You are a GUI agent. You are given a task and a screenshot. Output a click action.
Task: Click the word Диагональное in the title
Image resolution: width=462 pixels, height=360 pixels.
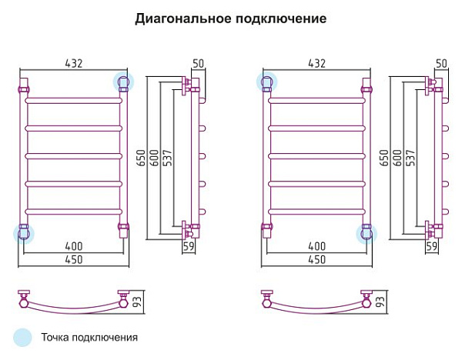pyautogui.click(x=183, y=19)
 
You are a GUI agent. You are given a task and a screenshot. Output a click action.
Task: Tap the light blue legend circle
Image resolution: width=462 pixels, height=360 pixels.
pyautogui.click(x=22, y=337)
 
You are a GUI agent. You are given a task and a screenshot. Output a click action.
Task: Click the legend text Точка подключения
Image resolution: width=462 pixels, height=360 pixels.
pyautogui.click(x=89, y=338)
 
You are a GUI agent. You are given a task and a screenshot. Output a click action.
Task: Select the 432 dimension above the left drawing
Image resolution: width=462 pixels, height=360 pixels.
pyautogui.click(x=73, y=63)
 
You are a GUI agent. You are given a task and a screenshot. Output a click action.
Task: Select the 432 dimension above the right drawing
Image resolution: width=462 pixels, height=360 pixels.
pyautogui.click(x=316, y=63)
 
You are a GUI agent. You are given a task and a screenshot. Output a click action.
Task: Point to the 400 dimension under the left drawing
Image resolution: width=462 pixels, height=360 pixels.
pyautogui.click(x=74, y=246)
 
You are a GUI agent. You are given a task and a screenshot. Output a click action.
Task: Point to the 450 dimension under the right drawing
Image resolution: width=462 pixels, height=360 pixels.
pyautogui.click(x=316, y=260)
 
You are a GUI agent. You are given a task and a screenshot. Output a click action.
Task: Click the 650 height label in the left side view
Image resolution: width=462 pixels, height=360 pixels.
pyautogui.click(x=141, y=158)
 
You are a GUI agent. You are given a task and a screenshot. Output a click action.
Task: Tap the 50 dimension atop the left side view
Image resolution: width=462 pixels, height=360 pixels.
pyautogui.click(x=198, y=63)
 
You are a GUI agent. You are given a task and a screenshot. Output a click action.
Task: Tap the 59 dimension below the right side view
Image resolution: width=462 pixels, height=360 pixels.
pyautogui.click(x=432, y=246)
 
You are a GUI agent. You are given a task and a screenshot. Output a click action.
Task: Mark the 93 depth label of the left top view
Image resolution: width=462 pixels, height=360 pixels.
pyautogui.click(x=138, y=302)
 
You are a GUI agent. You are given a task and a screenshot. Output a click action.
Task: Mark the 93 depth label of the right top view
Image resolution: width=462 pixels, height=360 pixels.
pyautogui.click(x=380, y=302)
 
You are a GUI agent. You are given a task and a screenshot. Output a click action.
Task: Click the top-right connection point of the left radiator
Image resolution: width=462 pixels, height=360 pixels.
pyautogui.click(x=123, y=82)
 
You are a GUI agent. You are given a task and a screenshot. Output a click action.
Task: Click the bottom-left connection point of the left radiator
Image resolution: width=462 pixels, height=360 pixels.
pyautogui.click(x=24, y=233)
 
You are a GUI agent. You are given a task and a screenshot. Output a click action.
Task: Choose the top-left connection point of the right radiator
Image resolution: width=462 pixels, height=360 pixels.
pyautogui.click(x=266, y=82)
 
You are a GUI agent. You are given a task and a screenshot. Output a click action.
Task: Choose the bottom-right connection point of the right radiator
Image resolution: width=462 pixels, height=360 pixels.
pyautogui.click(x=367, y=233)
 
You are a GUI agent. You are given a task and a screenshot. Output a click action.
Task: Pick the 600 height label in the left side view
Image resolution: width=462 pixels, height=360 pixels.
pyautogui.click(x=155, y=158)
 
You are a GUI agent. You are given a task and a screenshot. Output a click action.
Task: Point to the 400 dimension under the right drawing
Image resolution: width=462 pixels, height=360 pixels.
pyautogui.click(x=316, y=246)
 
